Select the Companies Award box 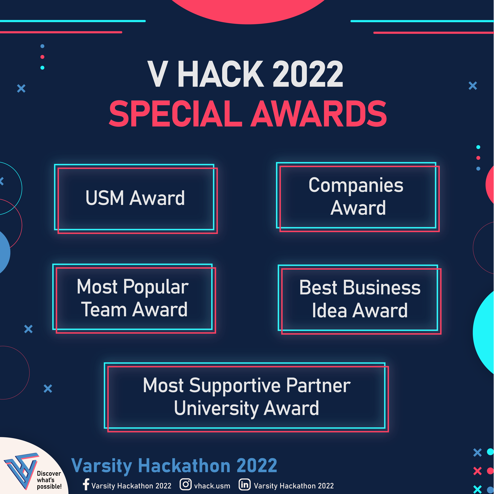tap(358, 197)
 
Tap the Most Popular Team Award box tap(134, 298)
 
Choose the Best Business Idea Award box tap(360, 299)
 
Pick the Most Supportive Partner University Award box tap(246, 397)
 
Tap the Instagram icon tap(185, 484)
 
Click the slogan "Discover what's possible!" tap(49, 480)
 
